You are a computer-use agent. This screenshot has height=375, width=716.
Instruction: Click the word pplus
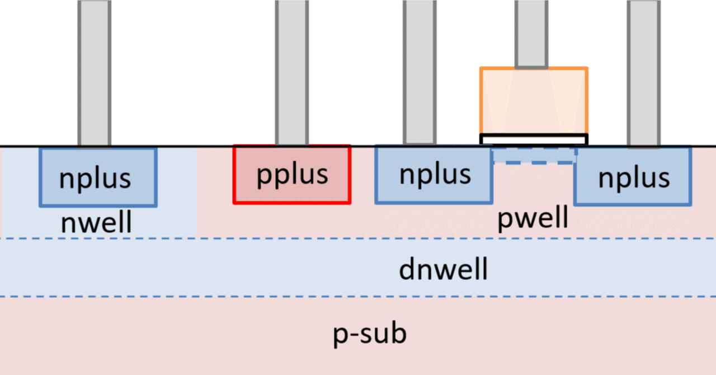(292, 175)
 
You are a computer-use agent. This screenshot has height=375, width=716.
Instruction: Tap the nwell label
(96, 223)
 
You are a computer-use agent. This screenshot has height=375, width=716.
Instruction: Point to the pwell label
(533, 218)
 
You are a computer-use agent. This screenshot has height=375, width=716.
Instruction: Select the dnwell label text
(443, 270)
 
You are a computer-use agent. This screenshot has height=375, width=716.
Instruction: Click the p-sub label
(370, 335)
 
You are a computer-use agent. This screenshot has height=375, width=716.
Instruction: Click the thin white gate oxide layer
(534, 139)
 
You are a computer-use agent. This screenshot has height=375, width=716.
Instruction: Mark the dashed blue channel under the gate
(534, 155)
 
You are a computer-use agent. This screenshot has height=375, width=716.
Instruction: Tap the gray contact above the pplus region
(291, 73)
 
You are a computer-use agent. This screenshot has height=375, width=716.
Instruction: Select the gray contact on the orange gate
(531, 34)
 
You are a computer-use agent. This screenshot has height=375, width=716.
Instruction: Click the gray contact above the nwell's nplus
(94, 73)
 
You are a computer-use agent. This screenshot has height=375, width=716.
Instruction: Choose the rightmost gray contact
(643, 73)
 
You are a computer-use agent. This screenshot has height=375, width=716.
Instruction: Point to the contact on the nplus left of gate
(420, 73)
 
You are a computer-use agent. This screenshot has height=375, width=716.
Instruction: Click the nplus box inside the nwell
(98, 177)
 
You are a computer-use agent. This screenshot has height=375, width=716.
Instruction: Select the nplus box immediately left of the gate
(434, 174)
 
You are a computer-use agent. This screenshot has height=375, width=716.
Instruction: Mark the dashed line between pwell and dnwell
(358, 238)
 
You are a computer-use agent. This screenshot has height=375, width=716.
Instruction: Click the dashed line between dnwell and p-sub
(358, 297)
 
